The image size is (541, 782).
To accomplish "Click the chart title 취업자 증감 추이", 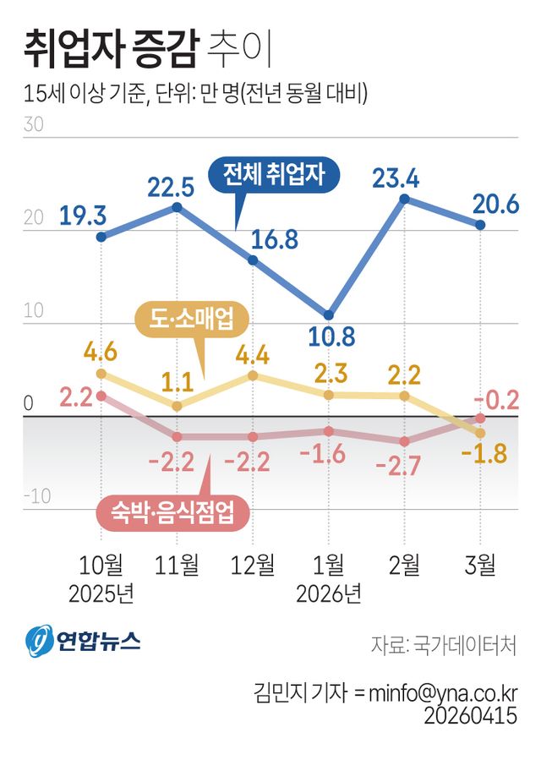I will coord(148,48).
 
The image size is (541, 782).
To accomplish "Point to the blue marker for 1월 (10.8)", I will coord(329,314).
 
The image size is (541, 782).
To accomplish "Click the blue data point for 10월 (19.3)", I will coord(101,237).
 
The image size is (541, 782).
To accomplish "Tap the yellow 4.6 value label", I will coord(100,351).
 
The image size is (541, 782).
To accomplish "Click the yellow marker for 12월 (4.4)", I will coord(253,375).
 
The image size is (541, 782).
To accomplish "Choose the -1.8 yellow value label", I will coord(484,455).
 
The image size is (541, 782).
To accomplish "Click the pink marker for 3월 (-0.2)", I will coord(480,418).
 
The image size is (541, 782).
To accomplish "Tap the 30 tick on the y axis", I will coord(34,124).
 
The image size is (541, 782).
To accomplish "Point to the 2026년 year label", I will coord(329,593).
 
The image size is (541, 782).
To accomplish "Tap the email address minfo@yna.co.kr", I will coord(435,692).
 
